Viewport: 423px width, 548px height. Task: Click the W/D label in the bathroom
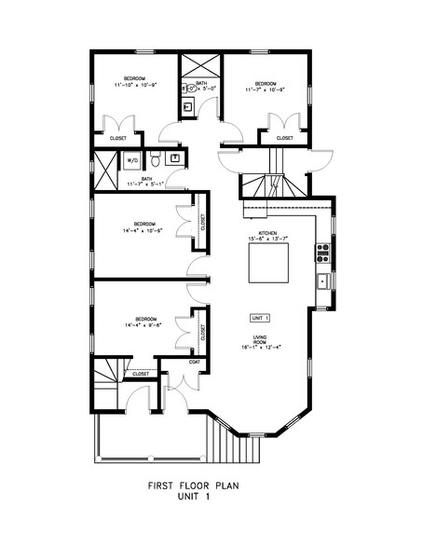click(x=132, y=160)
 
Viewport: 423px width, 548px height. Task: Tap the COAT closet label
click(x=196, y=362)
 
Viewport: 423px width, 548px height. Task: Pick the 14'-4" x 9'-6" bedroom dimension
click(x=142, y=325)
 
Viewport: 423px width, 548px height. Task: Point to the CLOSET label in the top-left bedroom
click(x=118, y=139)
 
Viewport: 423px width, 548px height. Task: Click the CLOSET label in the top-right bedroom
click(x=284, y=139)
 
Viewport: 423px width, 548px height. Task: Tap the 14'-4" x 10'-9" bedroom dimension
click(x=142, y=230)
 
